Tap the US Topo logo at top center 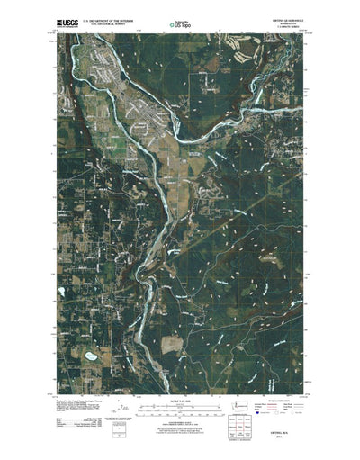point(181,20)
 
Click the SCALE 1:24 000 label point(180,398)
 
